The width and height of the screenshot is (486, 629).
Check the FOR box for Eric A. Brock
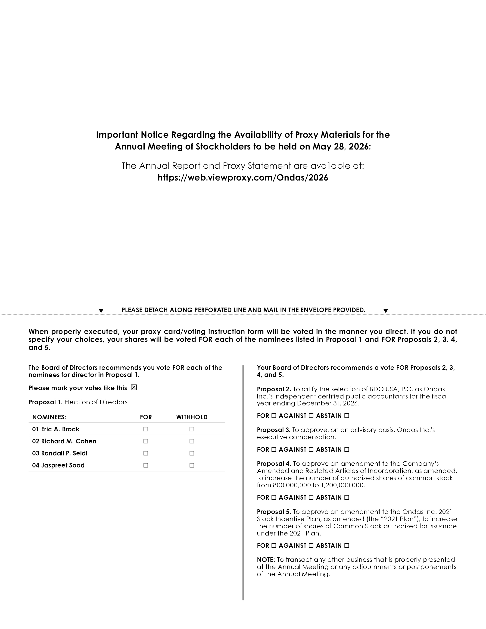pos(146,429)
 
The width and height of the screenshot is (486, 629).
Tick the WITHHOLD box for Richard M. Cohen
pos(192,441)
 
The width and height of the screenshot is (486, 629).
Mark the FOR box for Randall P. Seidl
pos(146,453)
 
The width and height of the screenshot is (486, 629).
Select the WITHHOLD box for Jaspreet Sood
pos(192,465)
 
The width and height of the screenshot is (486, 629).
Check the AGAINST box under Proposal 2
pos(311,416)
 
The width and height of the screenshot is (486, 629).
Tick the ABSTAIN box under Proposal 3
pos(347,450)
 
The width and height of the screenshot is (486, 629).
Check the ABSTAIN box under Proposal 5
pos(347,545)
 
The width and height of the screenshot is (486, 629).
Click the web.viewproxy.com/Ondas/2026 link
pos(243,178)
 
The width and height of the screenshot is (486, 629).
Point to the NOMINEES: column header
pos(49,417)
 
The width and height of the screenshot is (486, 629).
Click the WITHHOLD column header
pos(192,417)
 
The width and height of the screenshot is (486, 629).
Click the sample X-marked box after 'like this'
pos(134,388)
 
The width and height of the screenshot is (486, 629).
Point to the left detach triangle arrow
pos(101,311)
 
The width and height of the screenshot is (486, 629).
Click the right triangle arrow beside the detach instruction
pos(386,311)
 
